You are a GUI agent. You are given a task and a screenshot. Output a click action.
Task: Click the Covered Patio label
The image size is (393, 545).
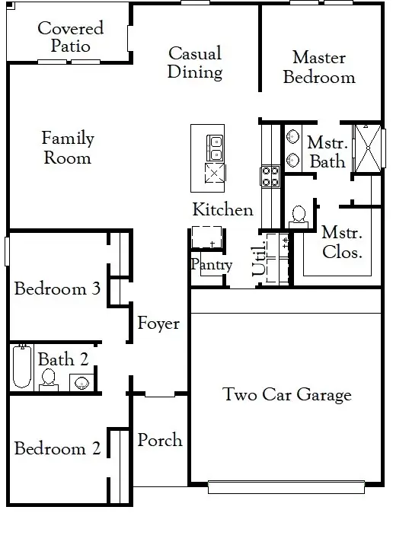(71, 37)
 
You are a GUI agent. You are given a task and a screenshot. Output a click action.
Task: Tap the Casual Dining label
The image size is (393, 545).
(195, 63)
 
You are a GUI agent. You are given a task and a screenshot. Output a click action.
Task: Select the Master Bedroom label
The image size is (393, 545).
(319, 68)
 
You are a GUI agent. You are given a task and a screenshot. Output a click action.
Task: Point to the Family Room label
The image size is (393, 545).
(68, 148)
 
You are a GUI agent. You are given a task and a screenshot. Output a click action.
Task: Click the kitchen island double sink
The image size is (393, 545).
(215, 148)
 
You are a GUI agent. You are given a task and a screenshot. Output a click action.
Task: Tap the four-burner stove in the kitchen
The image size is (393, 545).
(270, 177)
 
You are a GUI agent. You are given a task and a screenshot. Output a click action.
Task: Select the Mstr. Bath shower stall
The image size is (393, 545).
(368, 148)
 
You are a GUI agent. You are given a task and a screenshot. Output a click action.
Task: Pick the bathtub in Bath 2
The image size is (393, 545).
(22, 366)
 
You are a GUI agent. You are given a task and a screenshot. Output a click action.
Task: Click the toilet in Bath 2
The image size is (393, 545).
(48, 381)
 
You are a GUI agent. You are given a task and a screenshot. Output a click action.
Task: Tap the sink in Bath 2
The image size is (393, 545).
(81, 383)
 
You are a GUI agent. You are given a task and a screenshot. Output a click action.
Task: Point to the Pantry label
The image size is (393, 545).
(212, 265)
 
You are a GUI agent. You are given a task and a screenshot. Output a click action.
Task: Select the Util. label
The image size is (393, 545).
(260, 258)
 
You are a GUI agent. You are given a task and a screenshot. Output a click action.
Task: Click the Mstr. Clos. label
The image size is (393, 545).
(342, 242)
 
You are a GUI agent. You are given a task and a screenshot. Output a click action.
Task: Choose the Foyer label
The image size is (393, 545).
(158, 323)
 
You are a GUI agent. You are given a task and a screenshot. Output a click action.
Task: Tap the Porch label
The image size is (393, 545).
(160, 440)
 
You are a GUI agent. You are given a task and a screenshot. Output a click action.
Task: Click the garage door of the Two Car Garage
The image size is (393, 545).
(286, 487)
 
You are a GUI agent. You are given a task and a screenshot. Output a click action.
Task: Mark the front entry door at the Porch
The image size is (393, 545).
(160, 395)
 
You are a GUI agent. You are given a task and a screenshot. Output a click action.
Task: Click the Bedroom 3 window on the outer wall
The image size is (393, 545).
(7, 251)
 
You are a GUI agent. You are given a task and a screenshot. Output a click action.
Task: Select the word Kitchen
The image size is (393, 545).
(223, 209)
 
